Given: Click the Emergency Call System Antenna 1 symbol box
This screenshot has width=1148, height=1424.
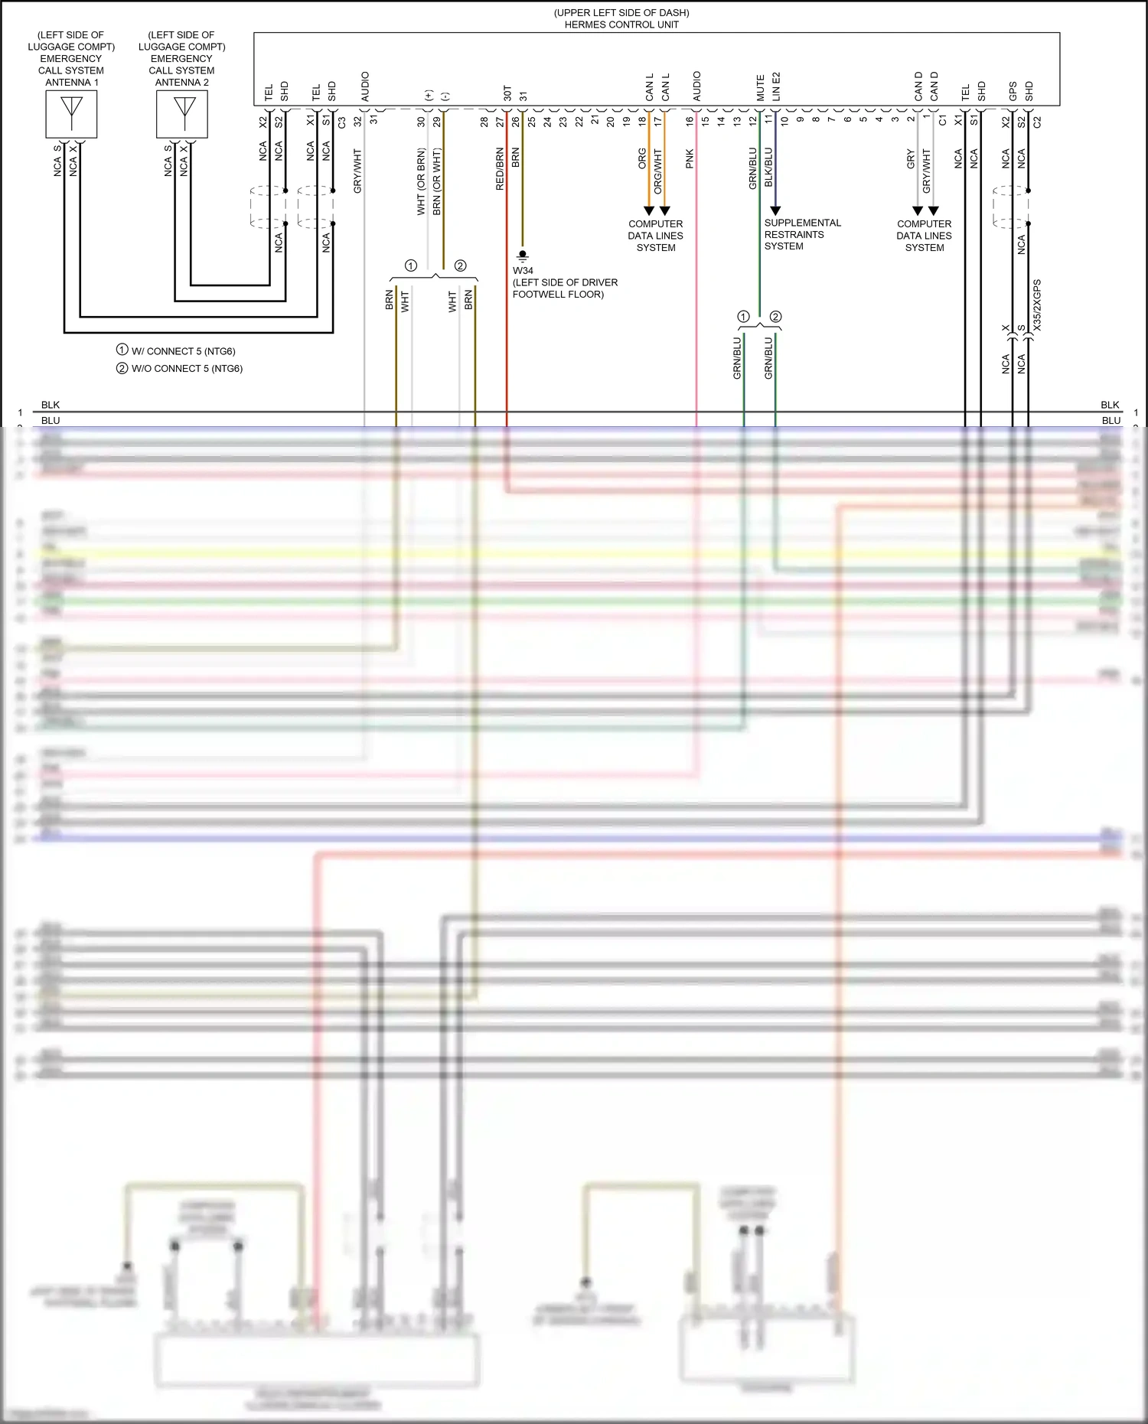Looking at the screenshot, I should (71, 114).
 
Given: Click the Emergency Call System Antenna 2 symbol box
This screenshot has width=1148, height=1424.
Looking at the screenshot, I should (182, 114).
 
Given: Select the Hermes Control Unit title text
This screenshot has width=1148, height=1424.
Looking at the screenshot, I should (621, 24).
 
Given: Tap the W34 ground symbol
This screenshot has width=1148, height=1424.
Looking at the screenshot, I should (523, 255).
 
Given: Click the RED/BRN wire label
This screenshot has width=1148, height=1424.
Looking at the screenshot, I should (500, 169).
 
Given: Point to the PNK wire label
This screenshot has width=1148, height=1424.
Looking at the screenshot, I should (690, 158).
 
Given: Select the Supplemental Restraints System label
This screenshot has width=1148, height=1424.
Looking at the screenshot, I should (801, 234).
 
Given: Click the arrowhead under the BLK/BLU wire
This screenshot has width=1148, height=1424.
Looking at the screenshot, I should (775, 210).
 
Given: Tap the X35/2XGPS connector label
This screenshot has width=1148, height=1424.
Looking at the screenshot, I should (1037, 305).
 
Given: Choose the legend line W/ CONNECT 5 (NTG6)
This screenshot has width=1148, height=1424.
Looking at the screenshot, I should (182, 351).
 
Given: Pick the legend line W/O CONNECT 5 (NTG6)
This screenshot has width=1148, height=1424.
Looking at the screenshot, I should (186, 368).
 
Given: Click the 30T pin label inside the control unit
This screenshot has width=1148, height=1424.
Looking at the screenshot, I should (507, 93).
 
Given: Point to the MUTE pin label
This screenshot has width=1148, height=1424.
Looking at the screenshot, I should (760, 88).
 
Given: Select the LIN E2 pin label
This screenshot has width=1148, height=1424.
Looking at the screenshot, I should (776, 86).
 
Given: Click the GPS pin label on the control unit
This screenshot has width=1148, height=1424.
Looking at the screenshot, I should (1013, 91).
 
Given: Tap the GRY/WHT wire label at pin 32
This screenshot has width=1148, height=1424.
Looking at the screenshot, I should (357, 171).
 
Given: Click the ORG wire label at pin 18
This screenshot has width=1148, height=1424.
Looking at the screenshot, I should (642, 158).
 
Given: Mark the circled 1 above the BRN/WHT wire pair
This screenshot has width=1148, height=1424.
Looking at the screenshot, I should (411, 266).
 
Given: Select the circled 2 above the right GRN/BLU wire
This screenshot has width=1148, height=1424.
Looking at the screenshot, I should (775, 316).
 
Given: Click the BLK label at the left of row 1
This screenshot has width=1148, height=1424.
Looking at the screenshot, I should (51, 405).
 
